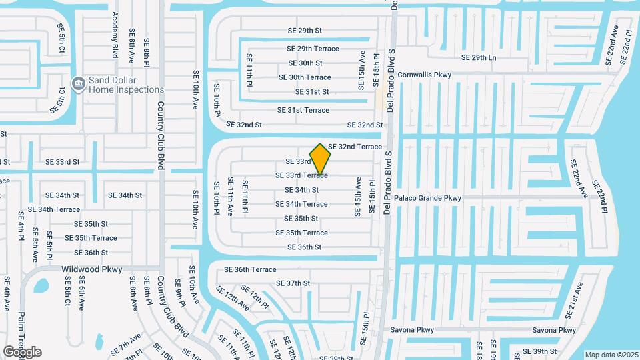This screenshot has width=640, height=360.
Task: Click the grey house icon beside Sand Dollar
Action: pos(79,84)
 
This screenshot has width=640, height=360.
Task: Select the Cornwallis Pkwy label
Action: pos(424,75)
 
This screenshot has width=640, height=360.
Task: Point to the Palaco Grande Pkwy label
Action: pos(427,198)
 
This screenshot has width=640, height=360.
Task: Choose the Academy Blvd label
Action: pos(115,38)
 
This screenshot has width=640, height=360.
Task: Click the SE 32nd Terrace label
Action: pos(355,147)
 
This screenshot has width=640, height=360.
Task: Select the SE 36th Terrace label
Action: pos(250,269)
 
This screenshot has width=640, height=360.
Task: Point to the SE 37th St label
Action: pos(293,283)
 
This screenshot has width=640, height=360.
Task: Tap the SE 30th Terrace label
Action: pos(305,77)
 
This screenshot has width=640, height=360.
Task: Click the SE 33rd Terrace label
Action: pos(301,175)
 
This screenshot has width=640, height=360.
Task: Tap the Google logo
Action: pos(22,352)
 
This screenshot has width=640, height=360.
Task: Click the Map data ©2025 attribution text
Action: pos(611,355)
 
